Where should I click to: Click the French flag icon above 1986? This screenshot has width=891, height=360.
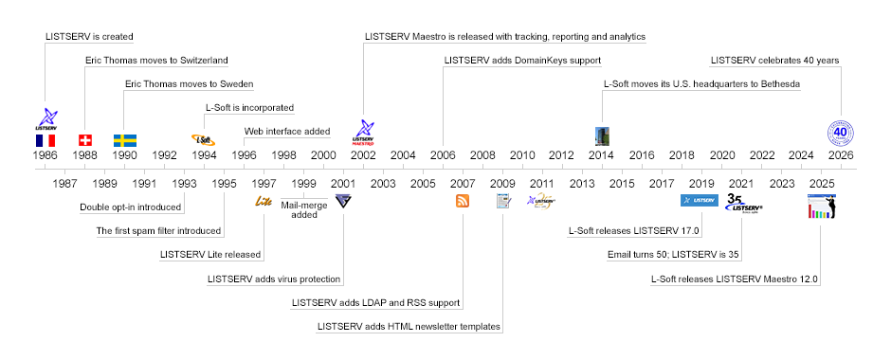(45, 140)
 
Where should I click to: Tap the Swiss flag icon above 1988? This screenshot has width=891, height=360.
(85, 140)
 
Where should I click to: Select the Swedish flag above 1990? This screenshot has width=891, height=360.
(125, 140)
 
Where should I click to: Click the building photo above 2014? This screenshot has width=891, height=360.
(602, 136)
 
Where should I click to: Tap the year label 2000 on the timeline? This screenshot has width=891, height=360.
(323, 155)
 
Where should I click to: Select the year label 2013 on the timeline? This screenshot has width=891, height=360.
(582, 184)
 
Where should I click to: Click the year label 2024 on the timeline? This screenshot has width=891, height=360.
(801, 155)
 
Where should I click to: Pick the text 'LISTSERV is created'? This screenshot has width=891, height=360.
(89, 37)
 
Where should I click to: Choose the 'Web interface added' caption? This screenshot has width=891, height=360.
(287, 132)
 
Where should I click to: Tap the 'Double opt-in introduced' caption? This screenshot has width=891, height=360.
(131, 207)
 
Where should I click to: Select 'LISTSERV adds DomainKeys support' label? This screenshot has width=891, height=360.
(522, 61)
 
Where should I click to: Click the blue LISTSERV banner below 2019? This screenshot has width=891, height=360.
(699, 201)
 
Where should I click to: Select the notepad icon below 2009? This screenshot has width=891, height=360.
(503, 201)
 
